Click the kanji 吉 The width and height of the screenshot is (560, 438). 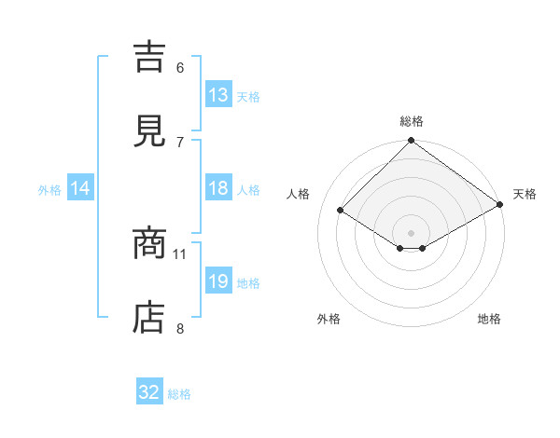click(150, 57)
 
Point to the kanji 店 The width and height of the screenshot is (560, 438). click(150, 318)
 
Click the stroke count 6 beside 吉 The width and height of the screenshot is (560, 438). click(180, 67)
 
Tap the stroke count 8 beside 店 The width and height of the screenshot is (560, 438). click(180, 327)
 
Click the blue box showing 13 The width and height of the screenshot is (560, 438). click(218, 95)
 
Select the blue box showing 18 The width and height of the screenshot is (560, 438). click(218, 188)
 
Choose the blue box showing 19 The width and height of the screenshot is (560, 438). click(218, 281)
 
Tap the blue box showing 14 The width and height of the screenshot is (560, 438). click(80, 188)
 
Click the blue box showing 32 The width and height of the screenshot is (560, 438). click(149, 393)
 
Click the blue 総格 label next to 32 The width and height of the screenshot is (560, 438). click(180, 394)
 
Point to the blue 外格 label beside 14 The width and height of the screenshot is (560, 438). click(49, 189)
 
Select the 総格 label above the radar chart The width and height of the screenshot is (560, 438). click(412, 121)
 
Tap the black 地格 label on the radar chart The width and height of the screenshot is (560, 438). click(489, 319)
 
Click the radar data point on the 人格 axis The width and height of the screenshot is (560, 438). click(341, 211)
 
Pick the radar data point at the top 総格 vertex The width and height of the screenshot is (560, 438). click(412, 142)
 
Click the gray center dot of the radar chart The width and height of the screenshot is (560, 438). click(412, 232)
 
